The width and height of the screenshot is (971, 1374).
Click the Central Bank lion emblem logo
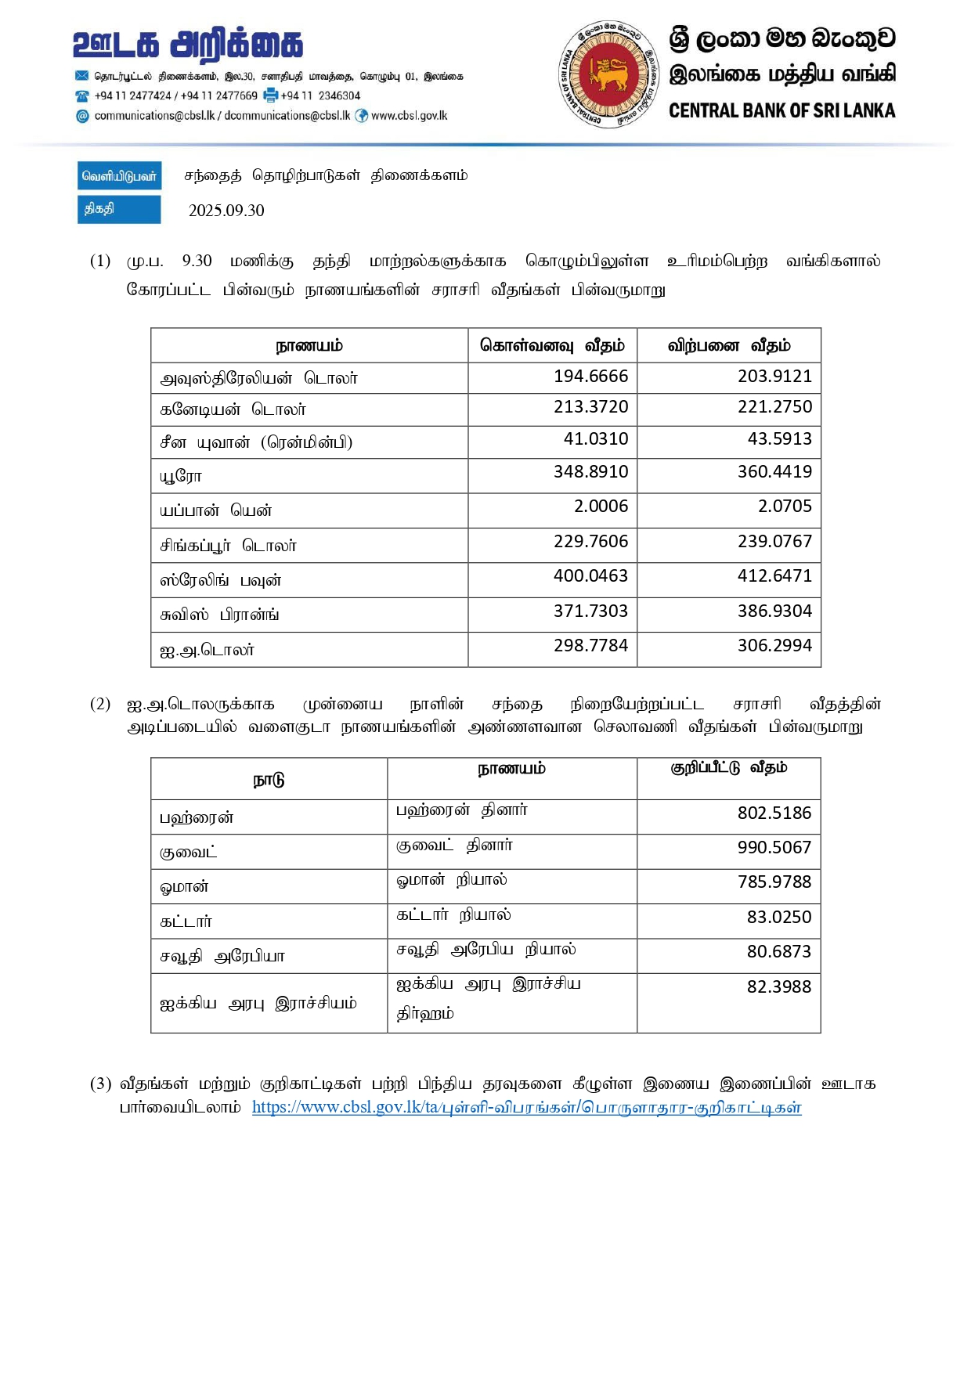609,74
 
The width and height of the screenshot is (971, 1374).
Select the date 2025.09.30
226,211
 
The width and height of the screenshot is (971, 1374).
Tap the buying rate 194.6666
590,377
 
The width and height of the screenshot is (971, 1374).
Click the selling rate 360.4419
774,472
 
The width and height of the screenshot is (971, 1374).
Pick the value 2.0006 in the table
601,507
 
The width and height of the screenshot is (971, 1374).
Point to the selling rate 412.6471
774,576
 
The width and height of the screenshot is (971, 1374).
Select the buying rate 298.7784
590,646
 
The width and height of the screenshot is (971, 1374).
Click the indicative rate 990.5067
774,848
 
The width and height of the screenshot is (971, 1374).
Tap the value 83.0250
778,918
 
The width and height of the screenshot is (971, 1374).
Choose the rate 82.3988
778,987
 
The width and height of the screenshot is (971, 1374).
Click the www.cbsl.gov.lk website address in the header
409,116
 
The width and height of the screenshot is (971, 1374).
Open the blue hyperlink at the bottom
526,1108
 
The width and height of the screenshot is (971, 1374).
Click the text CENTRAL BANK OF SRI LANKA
781,111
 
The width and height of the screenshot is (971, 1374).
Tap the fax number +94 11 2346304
320,96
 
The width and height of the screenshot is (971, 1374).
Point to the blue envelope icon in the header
82,76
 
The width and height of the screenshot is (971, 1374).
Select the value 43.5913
779,439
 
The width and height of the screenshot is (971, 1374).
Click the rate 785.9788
774,882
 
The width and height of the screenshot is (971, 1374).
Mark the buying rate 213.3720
590,407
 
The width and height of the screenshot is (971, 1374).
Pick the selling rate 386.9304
774,611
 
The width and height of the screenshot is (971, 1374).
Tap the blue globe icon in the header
362,116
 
